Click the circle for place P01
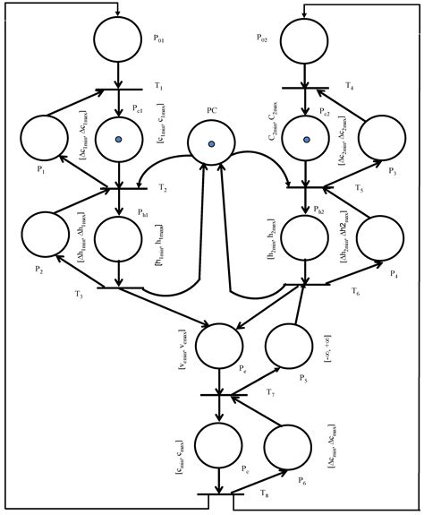[x=118, y=39]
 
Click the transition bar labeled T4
[x=306, y=89]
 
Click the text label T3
[x=79, y=296]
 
